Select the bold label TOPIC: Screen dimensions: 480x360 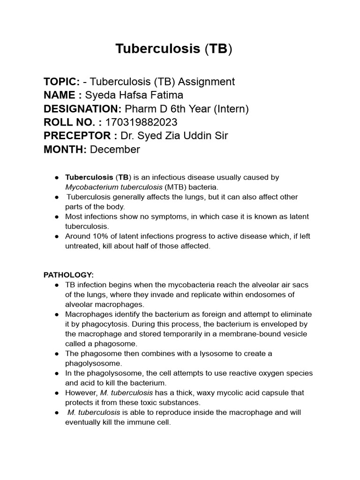61,82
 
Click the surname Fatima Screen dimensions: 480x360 166,96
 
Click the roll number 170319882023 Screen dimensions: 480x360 142,123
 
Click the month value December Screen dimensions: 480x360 115,150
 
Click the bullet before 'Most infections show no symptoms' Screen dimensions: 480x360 56,217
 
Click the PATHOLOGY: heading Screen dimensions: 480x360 68,275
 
